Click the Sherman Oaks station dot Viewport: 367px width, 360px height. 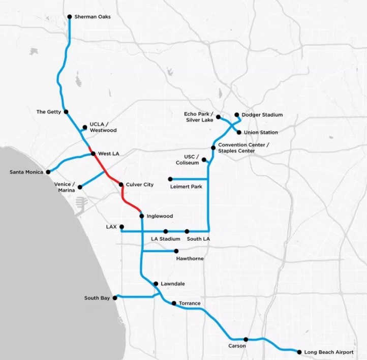pyautogui.click(x=70, y=17)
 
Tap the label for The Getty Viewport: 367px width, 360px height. pyautogui.click(x=49, y=112)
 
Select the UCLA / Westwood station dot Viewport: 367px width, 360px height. pyautogui.click(x=84, y=127)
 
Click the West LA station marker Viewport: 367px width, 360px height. pyautogui.click(x=93, y=154)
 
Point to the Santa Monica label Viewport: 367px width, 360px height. pyautogui.click(x=25, y=172)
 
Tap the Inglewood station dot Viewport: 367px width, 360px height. pyautogui.click(x=141, y=216)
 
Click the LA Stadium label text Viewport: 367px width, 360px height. pyautogui.click(x=166, y=238)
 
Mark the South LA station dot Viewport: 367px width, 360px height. pyautogui.click(x=187, y=231)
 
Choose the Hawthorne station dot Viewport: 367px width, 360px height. pyautogui.click(x=176, y=251)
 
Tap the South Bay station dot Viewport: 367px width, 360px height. pyautogui.click(x=115, y=298)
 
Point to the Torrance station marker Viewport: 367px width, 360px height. pyautogui.click(x=174, y=304)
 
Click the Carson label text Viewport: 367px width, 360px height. pyautogui.click(x=237, y=346)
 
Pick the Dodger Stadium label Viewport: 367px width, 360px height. pyautogui.click(x=262, y=115)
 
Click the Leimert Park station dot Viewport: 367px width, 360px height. pyautogui.click(x=170, y=179)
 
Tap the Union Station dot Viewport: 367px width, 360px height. pyautogui.click(x=239, y=132)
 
